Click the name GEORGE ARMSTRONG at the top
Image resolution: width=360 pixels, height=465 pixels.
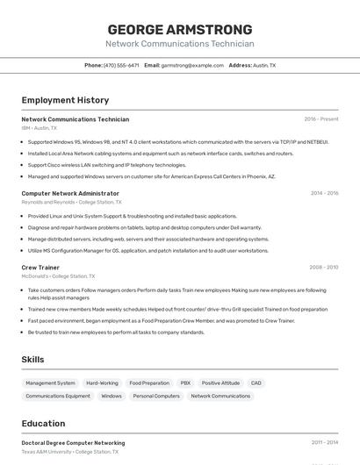[179, 29]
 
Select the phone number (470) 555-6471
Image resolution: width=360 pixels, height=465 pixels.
[121, 65]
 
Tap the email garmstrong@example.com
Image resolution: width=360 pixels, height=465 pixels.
[192, 65]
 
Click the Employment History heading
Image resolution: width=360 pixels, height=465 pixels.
[65, 100]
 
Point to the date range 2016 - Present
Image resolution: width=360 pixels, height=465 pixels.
[320, 119]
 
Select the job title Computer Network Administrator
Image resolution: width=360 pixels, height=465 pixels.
[70, 193]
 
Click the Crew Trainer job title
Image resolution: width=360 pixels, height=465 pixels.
[40, 267]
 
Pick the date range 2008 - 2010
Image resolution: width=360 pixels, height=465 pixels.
[323, 267]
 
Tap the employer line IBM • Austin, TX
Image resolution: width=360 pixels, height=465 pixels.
[39, 128]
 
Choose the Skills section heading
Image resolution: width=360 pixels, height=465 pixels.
[32, 360]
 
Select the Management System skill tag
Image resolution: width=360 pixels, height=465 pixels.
[50, 383]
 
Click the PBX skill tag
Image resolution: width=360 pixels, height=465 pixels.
[185, 383]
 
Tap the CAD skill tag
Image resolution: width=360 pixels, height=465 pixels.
[256, 383]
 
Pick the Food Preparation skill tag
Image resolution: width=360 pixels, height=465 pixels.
[149, 383]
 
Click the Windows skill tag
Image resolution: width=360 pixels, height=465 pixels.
[112, 396]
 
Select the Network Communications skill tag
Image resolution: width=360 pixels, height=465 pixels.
[220, 396]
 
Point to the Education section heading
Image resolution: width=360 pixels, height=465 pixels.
[43, 424]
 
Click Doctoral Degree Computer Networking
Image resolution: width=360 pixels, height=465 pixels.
[73, 443]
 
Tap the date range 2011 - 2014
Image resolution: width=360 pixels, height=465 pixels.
[324, 443]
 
